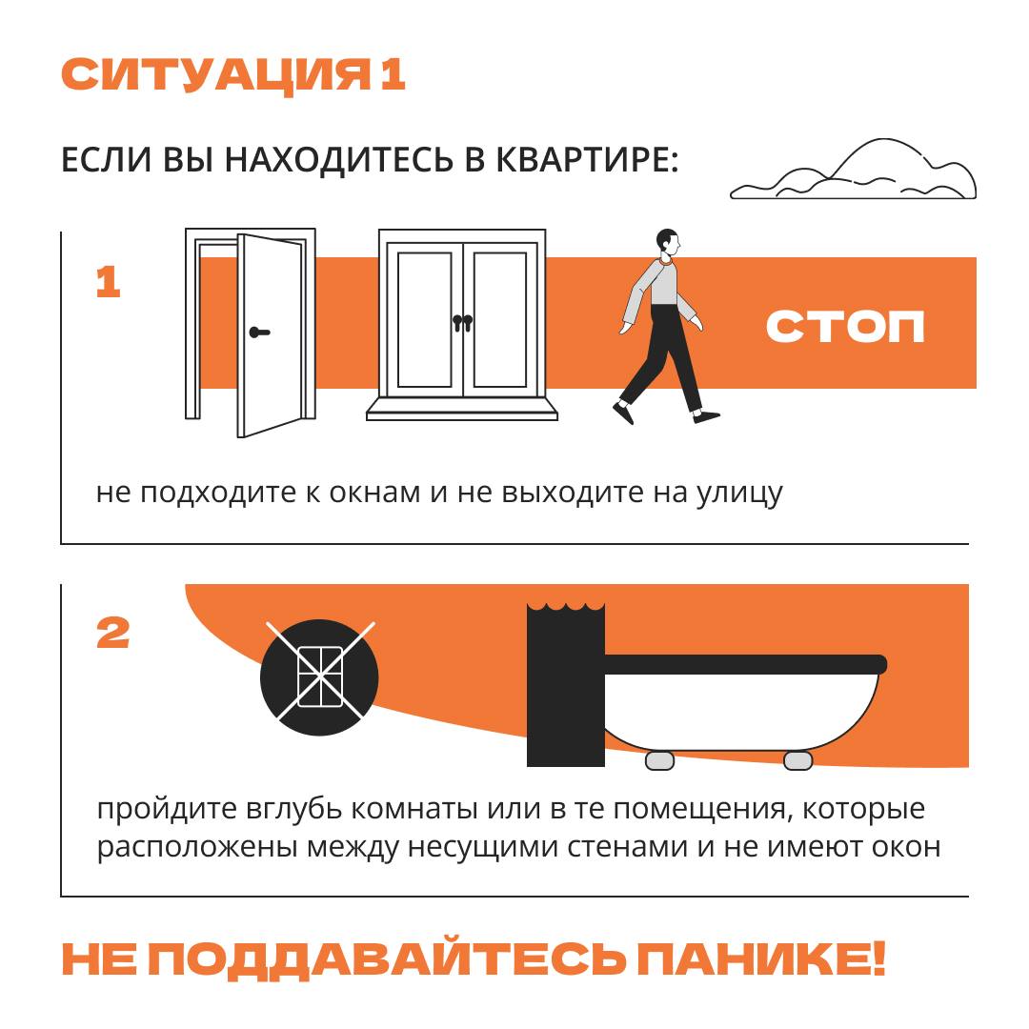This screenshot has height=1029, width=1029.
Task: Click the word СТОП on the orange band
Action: click(x=845, y=326)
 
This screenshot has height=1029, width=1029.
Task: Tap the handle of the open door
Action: click(x=258, y=333)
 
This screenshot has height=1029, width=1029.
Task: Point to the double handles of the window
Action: click(x=462, y=322)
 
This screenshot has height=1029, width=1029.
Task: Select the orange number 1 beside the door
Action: click(x=109, y=283)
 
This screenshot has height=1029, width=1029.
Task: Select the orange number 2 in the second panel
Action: click(x=113, y=634)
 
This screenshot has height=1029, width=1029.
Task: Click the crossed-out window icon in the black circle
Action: click(x=319, y=677)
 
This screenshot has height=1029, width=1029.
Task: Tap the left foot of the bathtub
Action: click(x=659, y=760)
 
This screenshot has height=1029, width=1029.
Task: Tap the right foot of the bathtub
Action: click(x=797, y=760)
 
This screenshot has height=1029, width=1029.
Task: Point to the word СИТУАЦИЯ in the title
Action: click(x=215, y=75)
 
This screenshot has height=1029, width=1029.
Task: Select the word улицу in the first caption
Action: click(x=735, y=494)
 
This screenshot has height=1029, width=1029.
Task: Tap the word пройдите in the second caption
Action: click(x=161, y=810)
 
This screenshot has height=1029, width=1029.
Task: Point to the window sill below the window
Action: click(x=462, y=409)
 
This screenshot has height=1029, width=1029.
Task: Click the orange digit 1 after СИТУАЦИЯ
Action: click(x=393, y=75)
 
